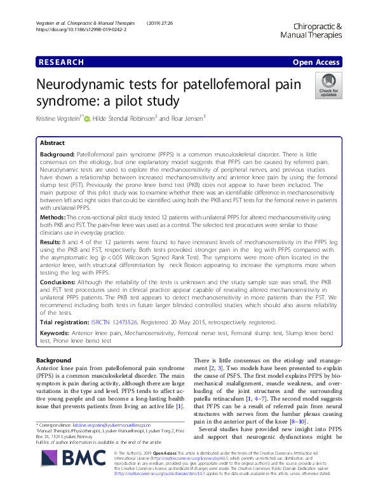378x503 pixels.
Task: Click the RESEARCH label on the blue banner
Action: [x=61, y=62]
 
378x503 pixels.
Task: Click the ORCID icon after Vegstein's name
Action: [x=86, y=118]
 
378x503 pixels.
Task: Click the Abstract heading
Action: [x=53, y=144]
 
